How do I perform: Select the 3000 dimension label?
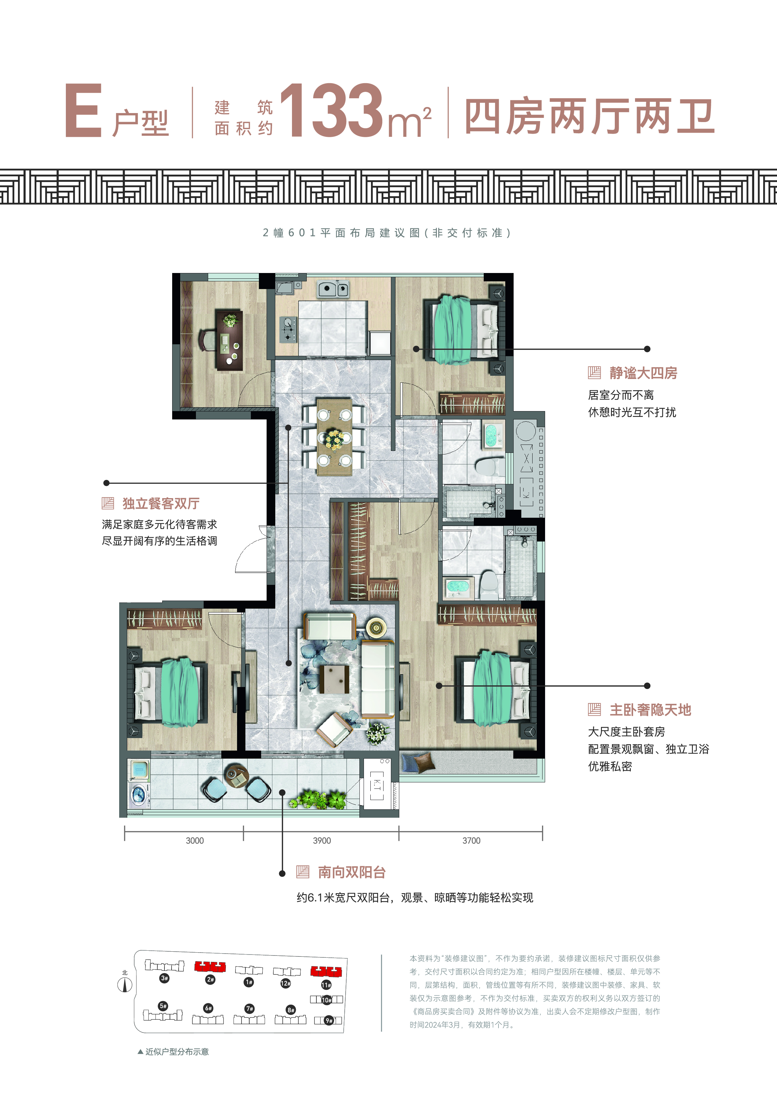tap(195, 841)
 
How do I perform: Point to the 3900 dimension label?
tap(322, 841)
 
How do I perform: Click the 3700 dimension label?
tap(471, 841)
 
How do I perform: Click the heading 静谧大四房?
tap(643, 373)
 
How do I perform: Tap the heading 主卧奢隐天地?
tap(650, 710)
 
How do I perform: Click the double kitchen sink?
tap(333, 289)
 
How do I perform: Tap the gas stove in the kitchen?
tap(288, 329)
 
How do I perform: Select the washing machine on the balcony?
tap(139, 793)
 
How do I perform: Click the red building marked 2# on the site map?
tap(210, 966)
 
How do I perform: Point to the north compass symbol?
tap(125, 985)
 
